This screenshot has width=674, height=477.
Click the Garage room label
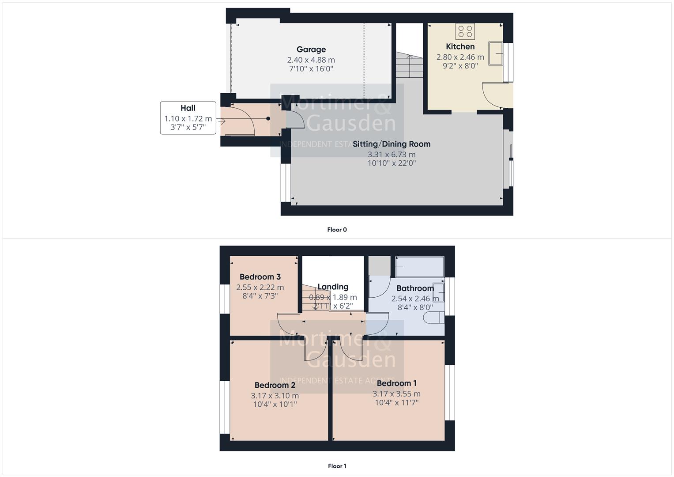click(x=311, y=49)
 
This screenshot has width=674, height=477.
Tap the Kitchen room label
click(x=460, y=46)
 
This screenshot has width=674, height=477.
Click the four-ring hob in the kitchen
click(x=465, y=31)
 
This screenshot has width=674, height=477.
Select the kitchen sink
click(x=497, y=53)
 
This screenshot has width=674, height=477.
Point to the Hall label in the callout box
click(x=188, y=108)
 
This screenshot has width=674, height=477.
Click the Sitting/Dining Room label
click(x=392, y=144)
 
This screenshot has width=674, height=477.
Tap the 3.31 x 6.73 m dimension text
click(x=392, y=155)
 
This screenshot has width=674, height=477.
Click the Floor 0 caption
click(x=337, y=230)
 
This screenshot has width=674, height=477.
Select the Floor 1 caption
click(x=337, y=466)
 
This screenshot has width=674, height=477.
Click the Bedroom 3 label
click(x=260, y=277)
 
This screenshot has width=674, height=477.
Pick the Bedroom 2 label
click(x=275, y=385)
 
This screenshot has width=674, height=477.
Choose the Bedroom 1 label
click(x=396, y=383)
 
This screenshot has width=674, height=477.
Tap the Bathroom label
click(x=415, y=288)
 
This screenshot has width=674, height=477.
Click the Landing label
click(x=333, y=287)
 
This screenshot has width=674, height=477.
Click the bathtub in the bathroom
click(x=419, y=266)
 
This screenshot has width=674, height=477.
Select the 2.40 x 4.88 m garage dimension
click(x=311, y=60)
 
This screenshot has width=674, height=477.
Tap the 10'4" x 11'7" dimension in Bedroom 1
click(x=396, y=402)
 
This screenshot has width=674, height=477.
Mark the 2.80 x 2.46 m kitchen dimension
click(x=460, y=57)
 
